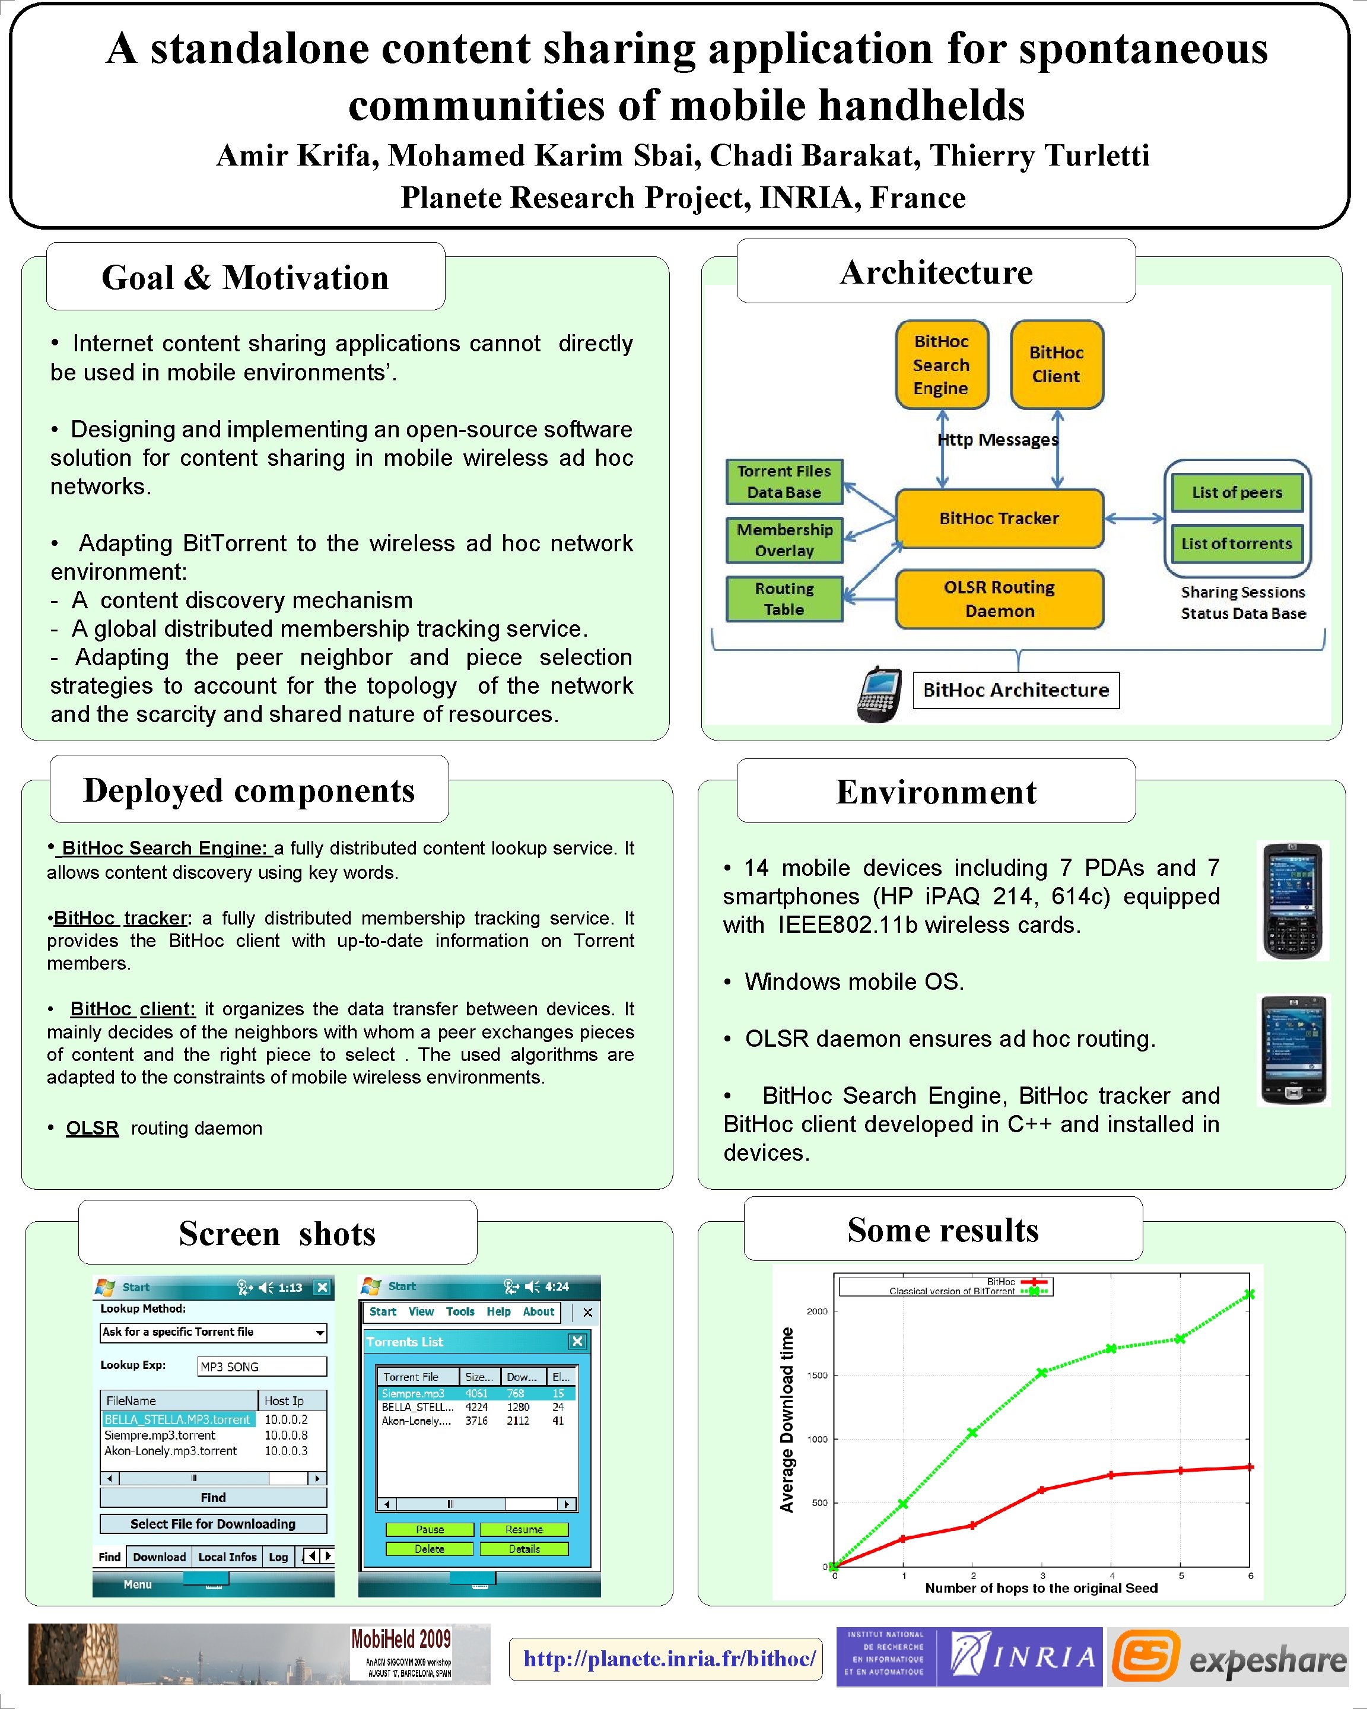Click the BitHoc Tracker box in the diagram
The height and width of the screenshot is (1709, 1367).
pos(999,519)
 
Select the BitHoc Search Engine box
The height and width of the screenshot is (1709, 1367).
pos(942,364)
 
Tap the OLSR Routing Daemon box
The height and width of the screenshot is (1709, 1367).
pos(999,599)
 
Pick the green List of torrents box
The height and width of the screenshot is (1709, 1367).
pos(1236,544)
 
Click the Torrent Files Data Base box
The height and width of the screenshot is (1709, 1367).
pos(784,482)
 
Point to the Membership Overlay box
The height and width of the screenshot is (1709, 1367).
pos(784,540)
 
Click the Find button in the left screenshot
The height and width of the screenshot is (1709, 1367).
pos(213,1497)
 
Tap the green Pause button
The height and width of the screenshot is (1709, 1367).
pos(430,1529)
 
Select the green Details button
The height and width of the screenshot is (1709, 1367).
pos(524,1548)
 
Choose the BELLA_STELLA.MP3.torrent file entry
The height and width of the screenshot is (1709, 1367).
pos(177,1419)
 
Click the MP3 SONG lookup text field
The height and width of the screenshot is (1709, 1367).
pos(262,1367)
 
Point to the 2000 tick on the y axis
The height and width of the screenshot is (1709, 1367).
pos(817,1311)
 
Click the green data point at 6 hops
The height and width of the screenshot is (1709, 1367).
pos(1250,1294)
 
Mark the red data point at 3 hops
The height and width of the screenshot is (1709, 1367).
pos(1041,1490)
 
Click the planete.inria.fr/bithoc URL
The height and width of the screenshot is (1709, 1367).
pos(669,1659)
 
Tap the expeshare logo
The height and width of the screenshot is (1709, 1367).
pos(1228,1657)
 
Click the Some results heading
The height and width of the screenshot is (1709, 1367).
pos(942,1230)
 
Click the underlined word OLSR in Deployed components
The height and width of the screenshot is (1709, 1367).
pos(92,1128)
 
